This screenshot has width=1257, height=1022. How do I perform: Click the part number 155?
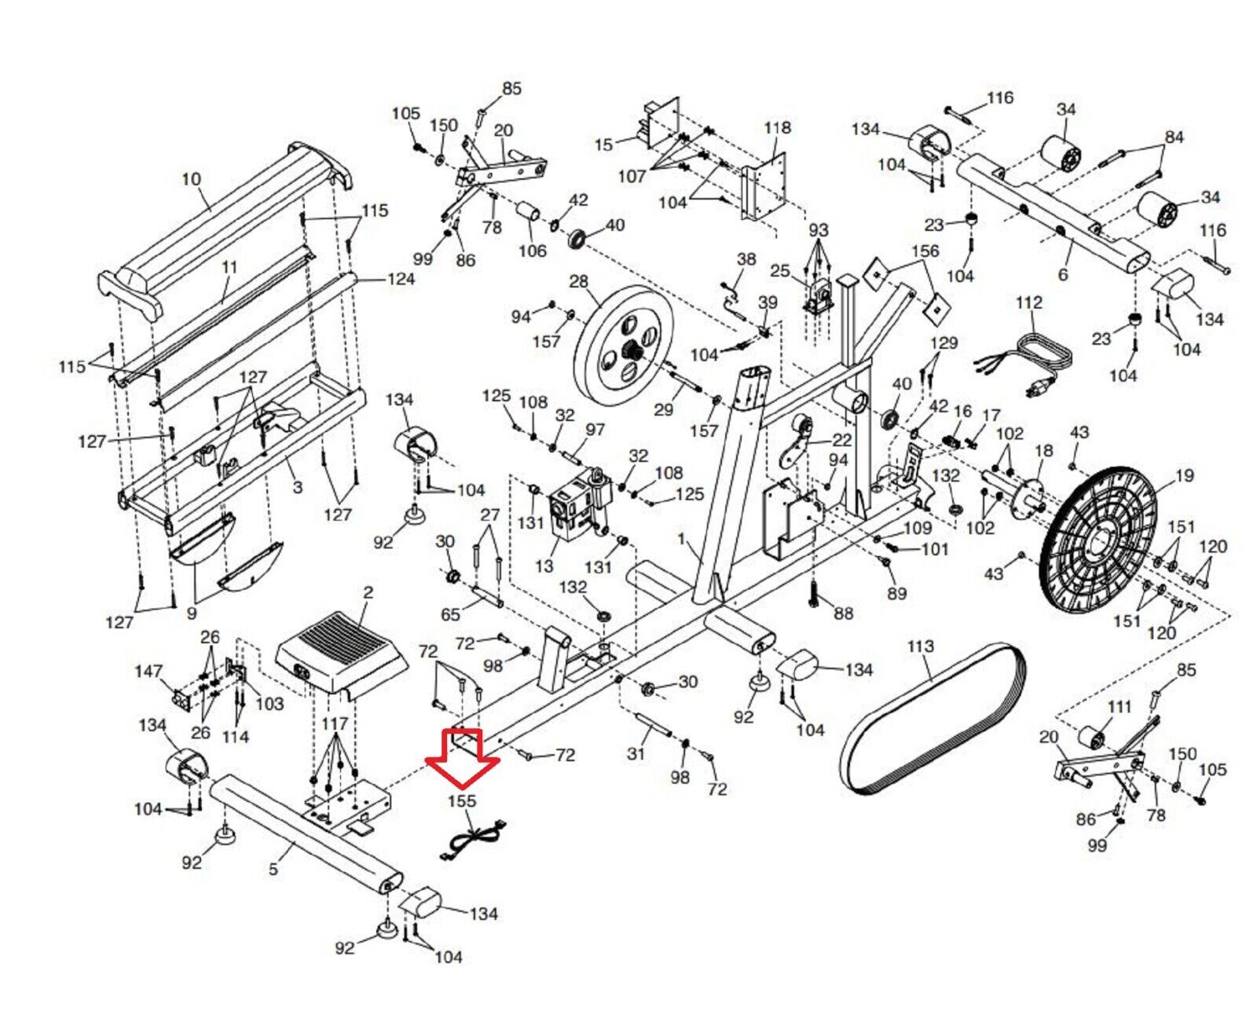tap(463, 801)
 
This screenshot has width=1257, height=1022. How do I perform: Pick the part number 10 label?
tap(191, 179)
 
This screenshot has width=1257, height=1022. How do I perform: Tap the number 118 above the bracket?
tap(777, 128)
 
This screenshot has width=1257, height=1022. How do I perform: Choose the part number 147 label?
tap(148, 672)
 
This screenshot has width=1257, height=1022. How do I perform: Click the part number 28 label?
tap(579, 283)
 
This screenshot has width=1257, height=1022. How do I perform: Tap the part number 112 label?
tap(1029, 302)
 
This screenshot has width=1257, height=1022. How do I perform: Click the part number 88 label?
tap(844, 613)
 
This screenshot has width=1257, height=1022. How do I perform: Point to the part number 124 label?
tap(401, 279)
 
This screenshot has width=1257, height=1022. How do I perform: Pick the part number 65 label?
tap(450, 614)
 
